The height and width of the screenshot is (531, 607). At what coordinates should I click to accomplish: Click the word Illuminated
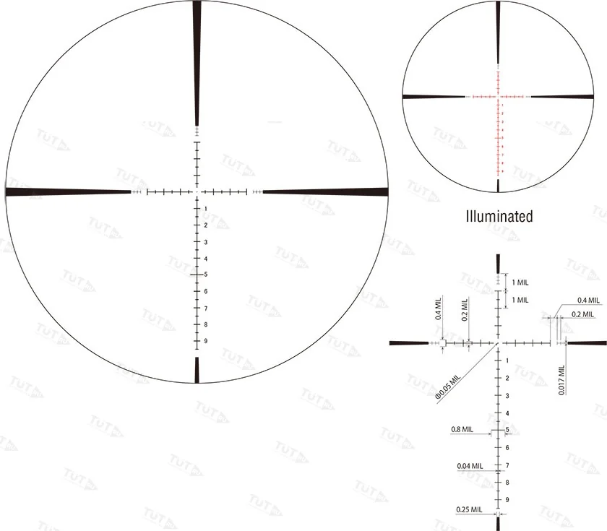click(x=499, y=215)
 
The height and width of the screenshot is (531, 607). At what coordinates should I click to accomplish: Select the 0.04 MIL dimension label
click(x=470, y=466)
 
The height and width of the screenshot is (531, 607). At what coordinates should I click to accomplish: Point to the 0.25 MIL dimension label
click(x=469, y=509)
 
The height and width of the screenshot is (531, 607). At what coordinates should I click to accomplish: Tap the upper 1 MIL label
click(x=520, y=282)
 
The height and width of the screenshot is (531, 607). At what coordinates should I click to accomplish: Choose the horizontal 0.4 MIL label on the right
click(x=588, y=300)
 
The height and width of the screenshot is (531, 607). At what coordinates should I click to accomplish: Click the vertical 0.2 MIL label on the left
click(x=465, y=308)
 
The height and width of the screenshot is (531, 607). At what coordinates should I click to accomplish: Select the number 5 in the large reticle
click(x=206, y=275)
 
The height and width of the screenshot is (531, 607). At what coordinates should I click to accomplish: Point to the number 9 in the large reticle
click(x=206, y=341)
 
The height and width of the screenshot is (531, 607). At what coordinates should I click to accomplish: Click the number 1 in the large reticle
click(x=206, y=209)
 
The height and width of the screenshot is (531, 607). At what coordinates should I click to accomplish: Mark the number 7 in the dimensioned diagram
click(x=507, y=465)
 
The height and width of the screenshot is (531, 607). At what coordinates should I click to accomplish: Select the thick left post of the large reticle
click(x=65, y=191)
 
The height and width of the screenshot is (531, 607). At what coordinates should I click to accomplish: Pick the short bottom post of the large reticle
click(x=197, y=369)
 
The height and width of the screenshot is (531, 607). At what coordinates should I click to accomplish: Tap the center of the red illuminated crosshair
click(x=498, y=95)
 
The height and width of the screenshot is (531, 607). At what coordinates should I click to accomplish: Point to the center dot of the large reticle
click(x=197, y=192)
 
